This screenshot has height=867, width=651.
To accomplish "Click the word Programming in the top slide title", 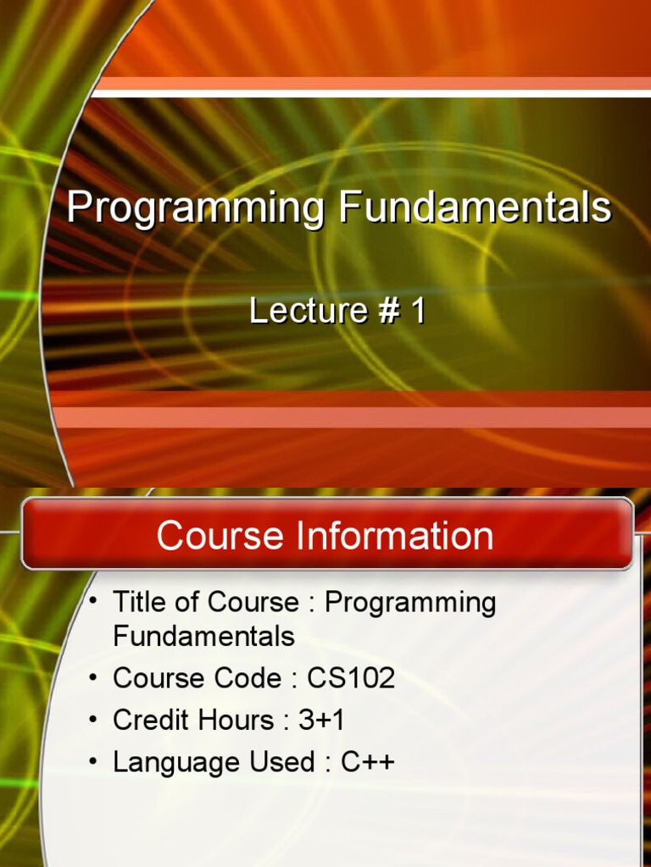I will [x=195, y=208].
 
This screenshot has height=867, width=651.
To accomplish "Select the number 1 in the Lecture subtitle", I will [x=417, y=312].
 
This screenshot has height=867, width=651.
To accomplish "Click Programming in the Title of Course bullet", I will [x=410, y=604].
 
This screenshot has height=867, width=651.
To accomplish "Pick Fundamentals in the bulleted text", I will [x=203, y=636].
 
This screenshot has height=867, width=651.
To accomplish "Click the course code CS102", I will [x=351, y=678].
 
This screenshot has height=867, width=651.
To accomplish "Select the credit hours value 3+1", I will [x=321, y=721].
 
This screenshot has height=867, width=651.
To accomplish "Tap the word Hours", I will [x=236, y=721].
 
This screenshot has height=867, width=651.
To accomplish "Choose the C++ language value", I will [x=368, y=762].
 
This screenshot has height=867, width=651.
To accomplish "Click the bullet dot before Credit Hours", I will [x=94, y=719].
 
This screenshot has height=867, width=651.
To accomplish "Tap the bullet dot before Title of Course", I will [x=94, y=600].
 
